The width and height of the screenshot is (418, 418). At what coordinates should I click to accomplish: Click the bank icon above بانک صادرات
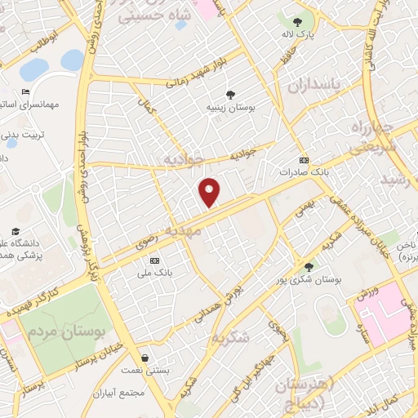[304, 160]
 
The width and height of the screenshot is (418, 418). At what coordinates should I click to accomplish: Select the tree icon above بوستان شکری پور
[308, 267]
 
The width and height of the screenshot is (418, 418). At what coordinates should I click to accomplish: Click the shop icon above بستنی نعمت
[145, 358]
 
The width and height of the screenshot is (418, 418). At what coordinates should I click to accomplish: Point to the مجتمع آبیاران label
[119, 393]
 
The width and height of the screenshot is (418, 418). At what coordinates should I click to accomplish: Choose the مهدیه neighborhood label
[183, 232]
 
